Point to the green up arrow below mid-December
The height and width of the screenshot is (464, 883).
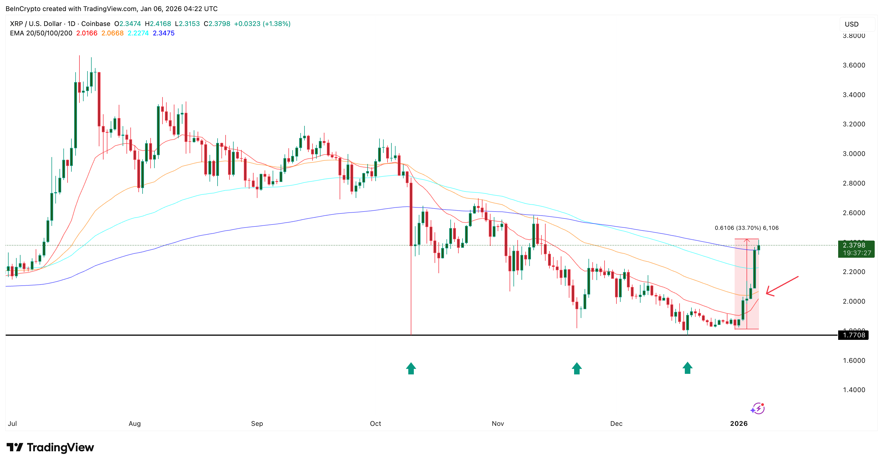687,368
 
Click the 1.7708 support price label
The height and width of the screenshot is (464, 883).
854,335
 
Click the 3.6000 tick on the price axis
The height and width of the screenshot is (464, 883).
854,65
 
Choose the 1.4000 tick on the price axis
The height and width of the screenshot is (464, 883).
854,390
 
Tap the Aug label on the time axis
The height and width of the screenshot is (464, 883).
134,424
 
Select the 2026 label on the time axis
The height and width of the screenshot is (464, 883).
739,424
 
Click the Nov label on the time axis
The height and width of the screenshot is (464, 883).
498,424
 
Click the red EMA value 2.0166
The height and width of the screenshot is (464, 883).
87,33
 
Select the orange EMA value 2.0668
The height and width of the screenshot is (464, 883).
112,33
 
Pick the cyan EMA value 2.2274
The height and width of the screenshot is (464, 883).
138,33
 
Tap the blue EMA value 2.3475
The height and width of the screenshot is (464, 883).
164,33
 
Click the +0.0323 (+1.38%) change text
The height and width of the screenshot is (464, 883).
262,24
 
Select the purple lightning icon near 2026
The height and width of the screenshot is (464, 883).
758,408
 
